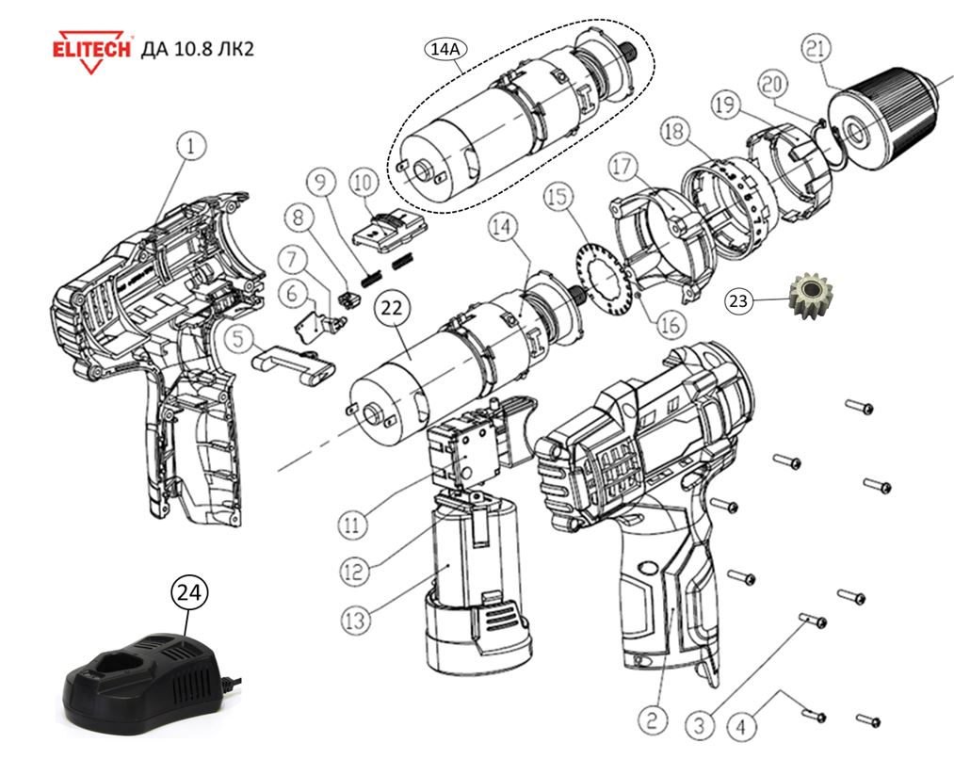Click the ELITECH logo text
(90, 46)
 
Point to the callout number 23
(741, 301)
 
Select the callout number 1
(192, 146)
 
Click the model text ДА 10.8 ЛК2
(197, 47)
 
